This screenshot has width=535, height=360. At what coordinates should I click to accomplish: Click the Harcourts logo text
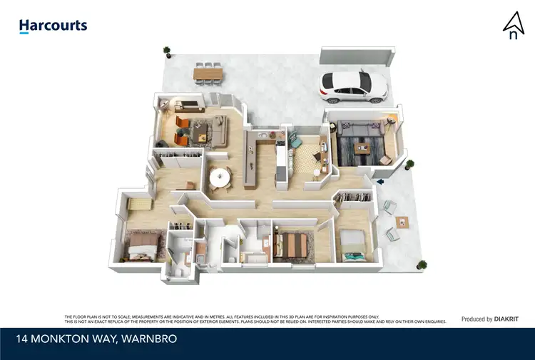click(53, 26)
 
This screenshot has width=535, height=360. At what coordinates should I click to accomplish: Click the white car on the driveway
click(354, 85)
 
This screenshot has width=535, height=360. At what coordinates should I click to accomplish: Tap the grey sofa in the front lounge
click(360, 128)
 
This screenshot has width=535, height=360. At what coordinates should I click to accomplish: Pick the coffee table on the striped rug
click(365, 148)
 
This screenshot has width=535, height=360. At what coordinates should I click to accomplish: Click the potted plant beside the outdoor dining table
click(168, 51)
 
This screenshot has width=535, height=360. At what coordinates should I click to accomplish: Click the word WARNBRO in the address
click(149, 339)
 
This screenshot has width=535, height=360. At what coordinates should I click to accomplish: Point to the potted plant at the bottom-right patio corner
click(422, 265)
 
